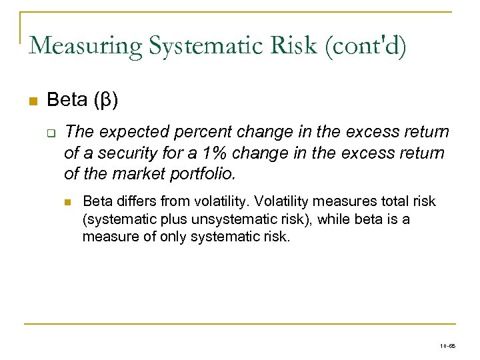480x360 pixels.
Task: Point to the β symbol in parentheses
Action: coord(106,101)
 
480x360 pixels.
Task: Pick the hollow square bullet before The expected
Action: coord(50,132)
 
